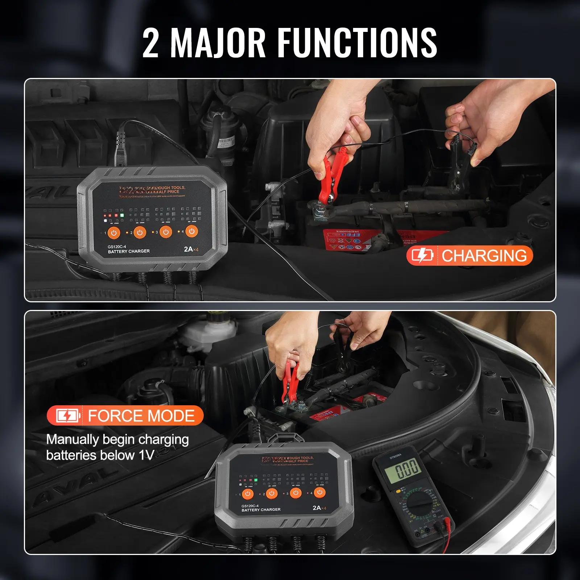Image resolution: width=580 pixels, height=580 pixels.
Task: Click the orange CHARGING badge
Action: pyautogui.click(x=469, y=256)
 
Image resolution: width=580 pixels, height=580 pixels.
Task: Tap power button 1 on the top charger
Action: pyautogui.click(x=114, y=233)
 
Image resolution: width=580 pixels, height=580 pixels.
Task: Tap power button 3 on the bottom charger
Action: pyautogui.click(x=296, y=493)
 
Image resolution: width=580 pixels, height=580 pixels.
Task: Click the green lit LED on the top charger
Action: pyautogui.click(x=122, y=215)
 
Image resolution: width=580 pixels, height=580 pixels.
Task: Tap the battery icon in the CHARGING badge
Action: pyautogui.click(x=422, y=256)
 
